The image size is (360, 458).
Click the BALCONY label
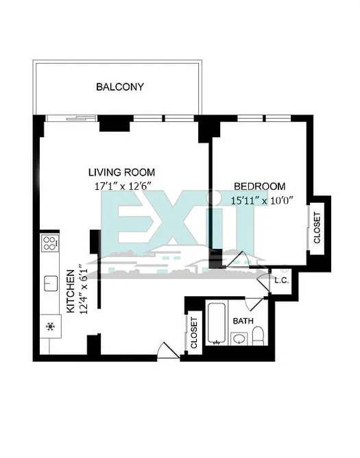pyautogui.click(x=120, y=87)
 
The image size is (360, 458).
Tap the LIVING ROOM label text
pyautogui.click(x=121, y=172)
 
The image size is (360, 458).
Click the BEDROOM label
pyautogui.click(x=259, y=186)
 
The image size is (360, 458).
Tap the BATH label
pyautogui.click(x=243, y=321)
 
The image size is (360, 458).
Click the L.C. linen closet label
pyautogui.click(x=281, y=280)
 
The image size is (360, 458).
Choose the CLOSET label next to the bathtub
pyautogui.click(x=194, y=333)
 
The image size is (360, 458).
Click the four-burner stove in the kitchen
pyautogui.click(x=50, y=243)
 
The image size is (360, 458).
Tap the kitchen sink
pyautogui.click(x=50, y=283)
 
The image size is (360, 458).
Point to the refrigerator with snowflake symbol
pyautogui.click(x=49, y=326)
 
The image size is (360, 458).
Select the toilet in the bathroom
pyautogui.click(x=258, y=335)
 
